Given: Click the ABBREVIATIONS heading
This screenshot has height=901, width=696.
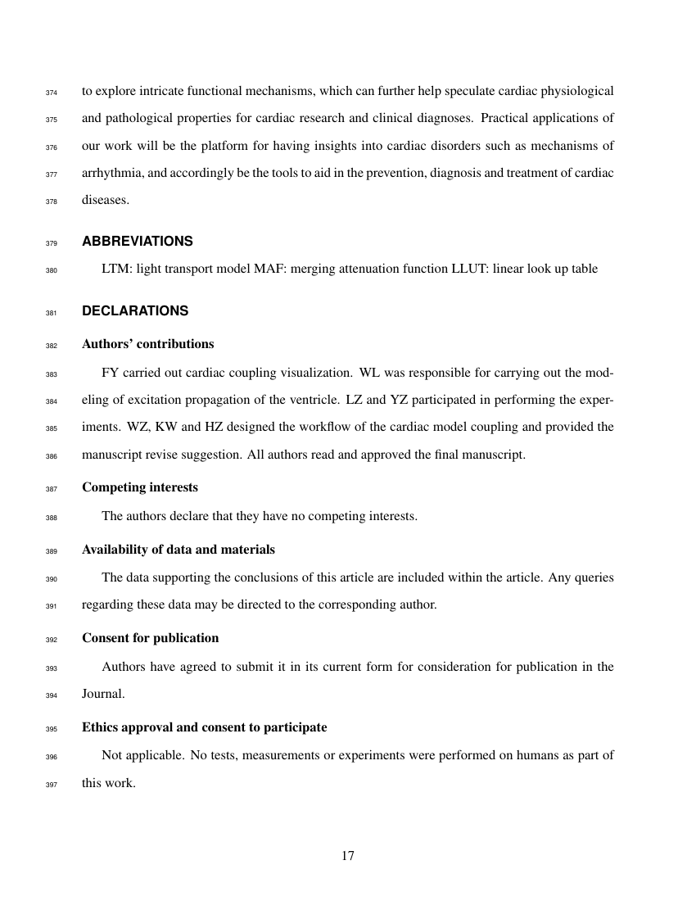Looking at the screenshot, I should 138,242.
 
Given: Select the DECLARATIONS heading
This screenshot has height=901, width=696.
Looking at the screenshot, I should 135,311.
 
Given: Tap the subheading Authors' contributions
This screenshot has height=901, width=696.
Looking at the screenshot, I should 148,344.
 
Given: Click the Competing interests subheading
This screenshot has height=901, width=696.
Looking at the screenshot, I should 140,487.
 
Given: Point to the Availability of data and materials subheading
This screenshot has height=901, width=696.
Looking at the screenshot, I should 179,549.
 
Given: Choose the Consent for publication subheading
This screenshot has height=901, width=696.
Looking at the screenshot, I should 151,637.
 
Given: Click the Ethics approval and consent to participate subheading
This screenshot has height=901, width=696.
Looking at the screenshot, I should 205,727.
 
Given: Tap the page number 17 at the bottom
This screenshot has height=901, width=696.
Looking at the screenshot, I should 347,856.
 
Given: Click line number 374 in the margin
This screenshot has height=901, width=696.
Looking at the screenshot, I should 52,93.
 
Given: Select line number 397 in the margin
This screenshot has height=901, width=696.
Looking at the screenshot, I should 52,784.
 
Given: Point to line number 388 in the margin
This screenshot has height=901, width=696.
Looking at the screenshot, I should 52,517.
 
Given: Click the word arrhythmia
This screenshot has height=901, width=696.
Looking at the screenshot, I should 111,173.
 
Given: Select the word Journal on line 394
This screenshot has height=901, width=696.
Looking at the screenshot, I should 103,693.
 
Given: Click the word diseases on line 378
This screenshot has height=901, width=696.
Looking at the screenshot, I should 105,200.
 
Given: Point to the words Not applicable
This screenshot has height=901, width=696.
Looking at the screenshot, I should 142,755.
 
